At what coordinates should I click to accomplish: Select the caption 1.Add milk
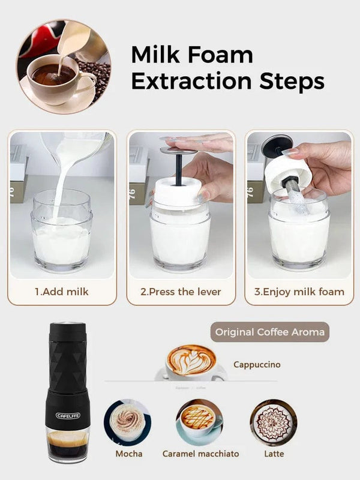tap(61, 292)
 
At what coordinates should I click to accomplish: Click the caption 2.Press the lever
tap(181, 292)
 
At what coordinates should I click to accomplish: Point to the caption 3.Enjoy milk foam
tap(299, 292)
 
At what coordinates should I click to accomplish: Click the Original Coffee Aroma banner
tap(270, 331)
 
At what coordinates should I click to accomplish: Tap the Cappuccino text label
tap(257, 364)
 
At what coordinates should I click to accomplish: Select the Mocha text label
tap(128, 454)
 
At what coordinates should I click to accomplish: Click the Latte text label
tap(274, 454)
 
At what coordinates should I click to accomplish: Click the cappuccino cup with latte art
tap(191, 362)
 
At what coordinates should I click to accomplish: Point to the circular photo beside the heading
tap(64, 67)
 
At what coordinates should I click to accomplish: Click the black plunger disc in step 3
tap(277, 146)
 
